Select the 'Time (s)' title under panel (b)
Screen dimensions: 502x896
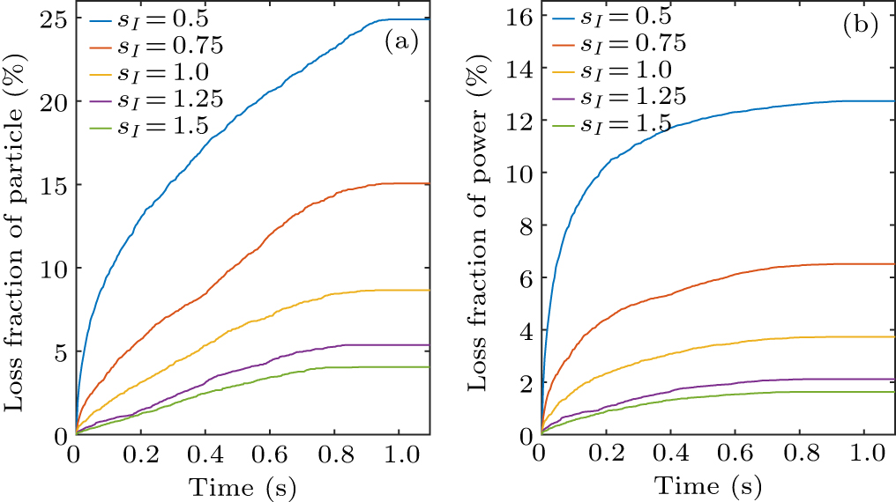[708, 485]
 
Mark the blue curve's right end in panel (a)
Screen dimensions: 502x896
[429, 19]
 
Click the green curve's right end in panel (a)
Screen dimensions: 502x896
[429, 367]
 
